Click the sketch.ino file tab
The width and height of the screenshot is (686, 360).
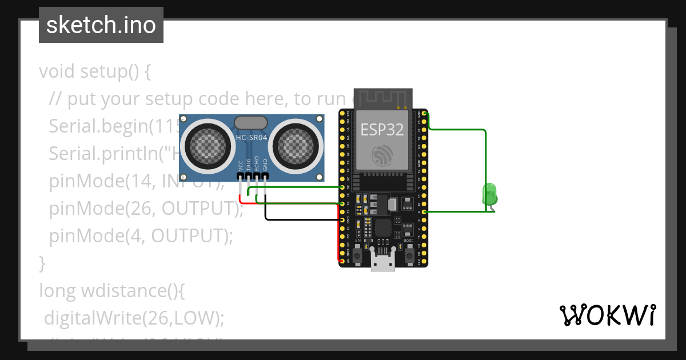click(101, 25)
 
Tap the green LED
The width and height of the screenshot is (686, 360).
click(490, 194)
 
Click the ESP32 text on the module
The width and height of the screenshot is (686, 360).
click(382, 130)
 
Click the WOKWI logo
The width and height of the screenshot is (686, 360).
click(607, 315)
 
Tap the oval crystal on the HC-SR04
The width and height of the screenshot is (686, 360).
click(250, 122)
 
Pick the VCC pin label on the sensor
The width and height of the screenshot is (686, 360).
click(241, 165)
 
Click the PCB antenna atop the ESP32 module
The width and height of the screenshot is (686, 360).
click(382, 98)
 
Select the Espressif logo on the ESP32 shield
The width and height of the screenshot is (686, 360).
click(382, 155)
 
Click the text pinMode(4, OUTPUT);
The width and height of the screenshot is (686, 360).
click(141, 236)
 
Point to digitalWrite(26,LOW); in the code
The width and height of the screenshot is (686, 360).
click(133, 318)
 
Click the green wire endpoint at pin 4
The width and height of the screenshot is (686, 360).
click(424, 212)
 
